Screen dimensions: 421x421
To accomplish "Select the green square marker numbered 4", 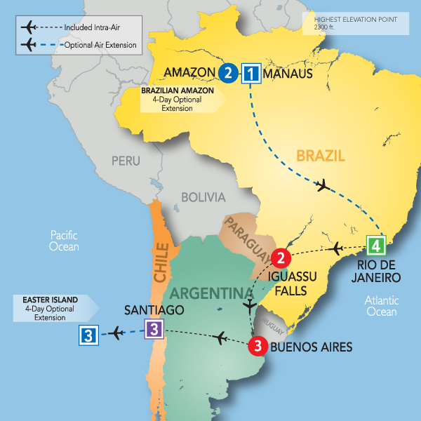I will [376, 246].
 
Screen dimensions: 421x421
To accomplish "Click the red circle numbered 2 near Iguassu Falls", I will [281, 258].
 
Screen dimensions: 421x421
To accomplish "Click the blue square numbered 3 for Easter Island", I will [88, 335].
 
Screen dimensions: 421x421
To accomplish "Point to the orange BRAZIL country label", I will [319, 156].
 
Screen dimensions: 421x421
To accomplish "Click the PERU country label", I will [126, 161].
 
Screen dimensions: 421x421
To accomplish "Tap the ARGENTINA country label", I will [208, 291].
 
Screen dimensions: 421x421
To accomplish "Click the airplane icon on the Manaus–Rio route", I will [323, 186].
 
